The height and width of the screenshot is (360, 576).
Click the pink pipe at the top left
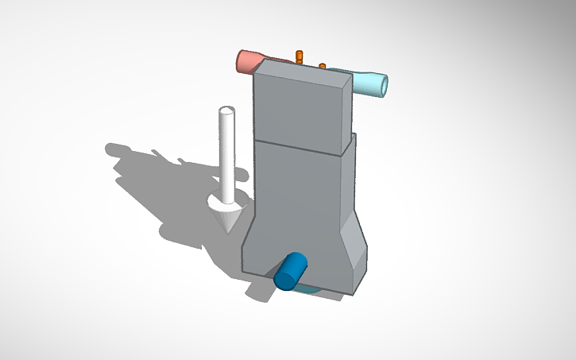click(253, 61)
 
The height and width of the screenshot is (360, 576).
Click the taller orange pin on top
click(300, 56)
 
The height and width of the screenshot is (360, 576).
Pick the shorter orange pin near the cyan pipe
click(323, 65)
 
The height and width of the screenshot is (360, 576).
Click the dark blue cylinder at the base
click(292, 269)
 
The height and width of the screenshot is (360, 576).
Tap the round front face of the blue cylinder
click(284, 279)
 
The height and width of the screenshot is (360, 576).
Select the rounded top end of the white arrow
click(227, 110)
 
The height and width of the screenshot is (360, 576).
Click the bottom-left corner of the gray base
click(243, 271)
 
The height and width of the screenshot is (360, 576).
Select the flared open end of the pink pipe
click(242, 60)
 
